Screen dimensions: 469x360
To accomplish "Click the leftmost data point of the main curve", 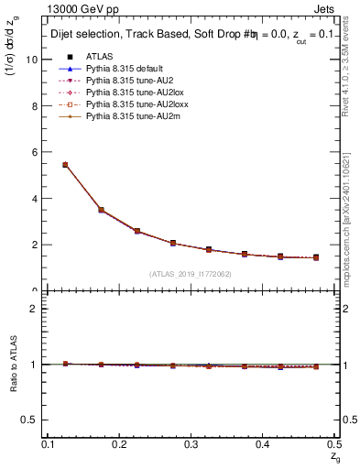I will [65, 165].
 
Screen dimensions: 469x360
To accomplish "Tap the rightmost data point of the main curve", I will [316, 257].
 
